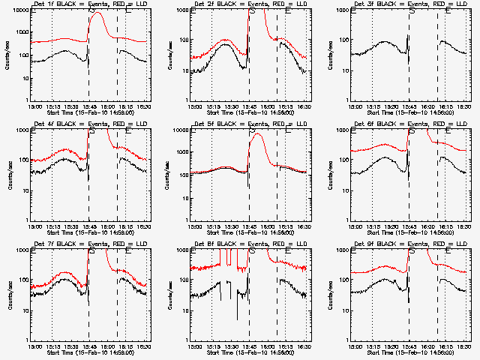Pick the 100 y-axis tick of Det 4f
click(x=22, y=160)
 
